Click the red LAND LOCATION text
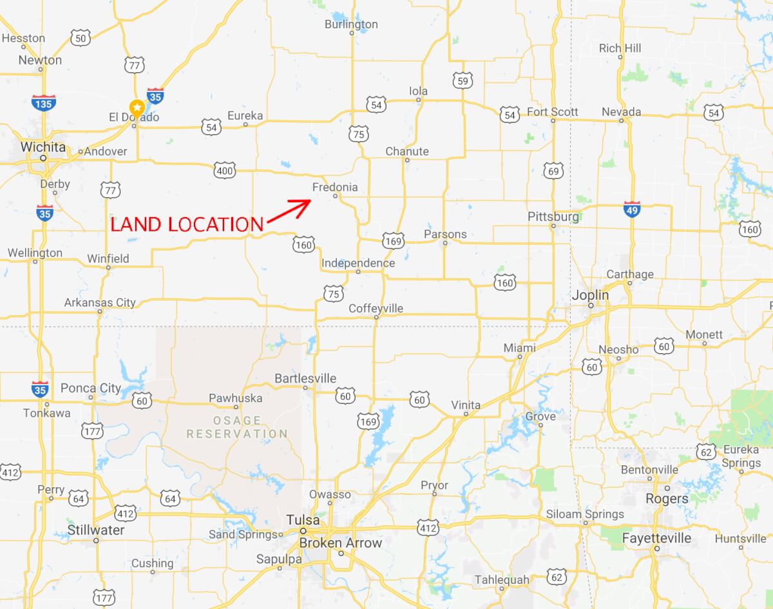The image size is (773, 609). pos(187,224)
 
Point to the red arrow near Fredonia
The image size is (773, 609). pos(288,211)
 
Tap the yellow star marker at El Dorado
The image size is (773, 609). pos(137,107)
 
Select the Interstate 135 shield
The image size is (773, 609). pos(43,102)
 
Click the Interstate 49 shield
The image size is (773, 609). pos(632,208)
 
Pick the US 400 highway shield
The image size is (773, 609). pos(225,171)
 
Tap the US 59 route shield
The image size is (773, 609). pos(461,80)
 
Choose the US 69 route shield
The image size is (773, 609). pos(553,171)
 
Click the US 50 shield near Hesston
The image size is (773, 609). pos(80,38)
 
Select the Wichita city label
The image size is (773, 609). pos(43,148)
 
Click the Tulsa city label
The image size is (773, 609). pos(303,520)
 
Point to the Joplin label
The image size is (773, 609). pos(590,295)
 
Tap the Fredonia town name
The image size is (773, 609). pos(334,188)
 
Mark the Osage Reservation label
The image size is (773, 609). pos(237,427)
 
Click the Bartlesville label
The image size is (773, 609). pos(305,378)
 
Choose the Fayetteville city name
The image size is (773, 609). pos(656,538)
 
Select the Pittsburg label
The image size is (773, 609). pos(553,217)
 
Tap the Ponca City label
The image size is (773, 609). pos(91,388)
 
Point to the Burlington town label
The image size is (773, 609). pos(351,24)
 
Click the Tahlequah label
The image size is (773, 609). pos(501,579)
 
